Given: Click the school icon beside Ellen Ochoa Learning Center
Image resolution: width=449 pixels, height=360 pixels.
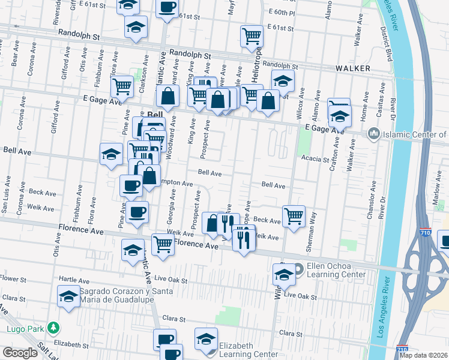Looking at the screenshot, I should [x=284, y=274].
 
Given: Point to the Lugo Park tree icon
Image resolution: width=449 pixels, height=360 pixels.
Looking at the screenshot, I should [x=54, y=328].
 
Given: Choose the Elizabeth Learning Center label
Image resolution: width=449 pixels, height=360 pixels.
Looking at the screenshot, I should [x=248, y=350].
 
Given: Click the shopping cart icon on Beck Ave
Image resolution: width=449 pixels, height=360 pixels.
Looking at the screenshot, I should [x=294, y=215].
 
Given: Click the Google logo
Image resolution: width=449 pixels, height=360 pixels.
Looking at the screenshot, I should [x=19, y=353].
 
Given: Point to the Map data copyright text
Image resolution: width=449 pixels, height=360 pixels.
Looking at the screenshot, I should [x=424, y=355].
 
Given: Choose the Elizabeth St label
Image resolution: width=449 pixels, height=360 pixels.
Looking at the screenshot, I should [x=71, y=345].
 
